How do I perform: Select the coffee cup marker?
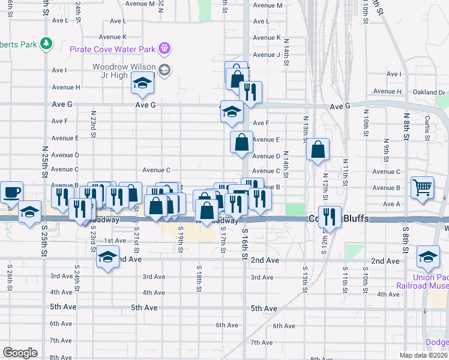11,192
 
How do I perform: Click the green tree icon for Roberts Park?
46,43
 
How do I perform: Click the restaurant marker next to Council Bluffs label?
330,217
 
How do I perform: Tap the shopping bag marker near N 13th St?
318,149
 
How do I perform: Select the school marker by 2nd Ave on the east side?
428,257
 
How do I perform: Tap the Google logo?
19,353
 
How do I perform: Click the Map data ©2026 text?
424,355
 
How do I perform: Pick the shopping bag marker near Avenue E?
241,143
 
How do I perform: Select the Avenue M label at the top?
267,5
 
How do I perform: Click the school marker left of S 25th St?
29,211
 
